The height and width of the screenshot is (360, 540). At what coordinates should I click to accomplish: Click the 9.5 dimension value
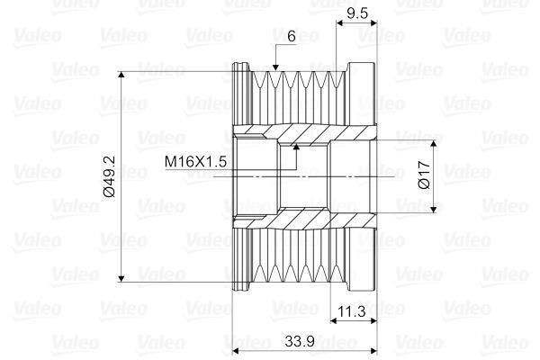357,13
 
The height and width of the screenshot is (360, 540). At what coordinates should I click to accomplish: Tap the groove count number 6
292,36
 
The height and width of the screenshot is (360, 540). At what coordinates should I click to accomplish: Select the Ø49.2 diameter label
109,176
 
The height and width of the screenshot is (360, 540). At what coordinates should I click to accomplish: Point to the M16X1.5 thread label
195,161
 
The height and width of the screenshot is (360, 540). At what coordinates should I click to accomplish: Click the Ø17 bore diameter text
424,175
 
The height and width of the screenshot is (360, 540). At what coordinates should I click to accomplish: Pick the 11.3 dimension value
352,311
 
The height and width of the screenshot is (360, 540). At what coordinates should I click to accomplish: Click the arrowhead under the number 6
275,67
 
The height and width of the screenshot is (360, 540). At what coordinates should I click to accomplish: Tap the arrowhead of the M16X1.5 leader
296,147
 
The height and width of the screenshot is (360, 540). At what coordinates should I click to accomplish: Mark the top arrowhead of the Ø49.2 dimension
121,75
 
